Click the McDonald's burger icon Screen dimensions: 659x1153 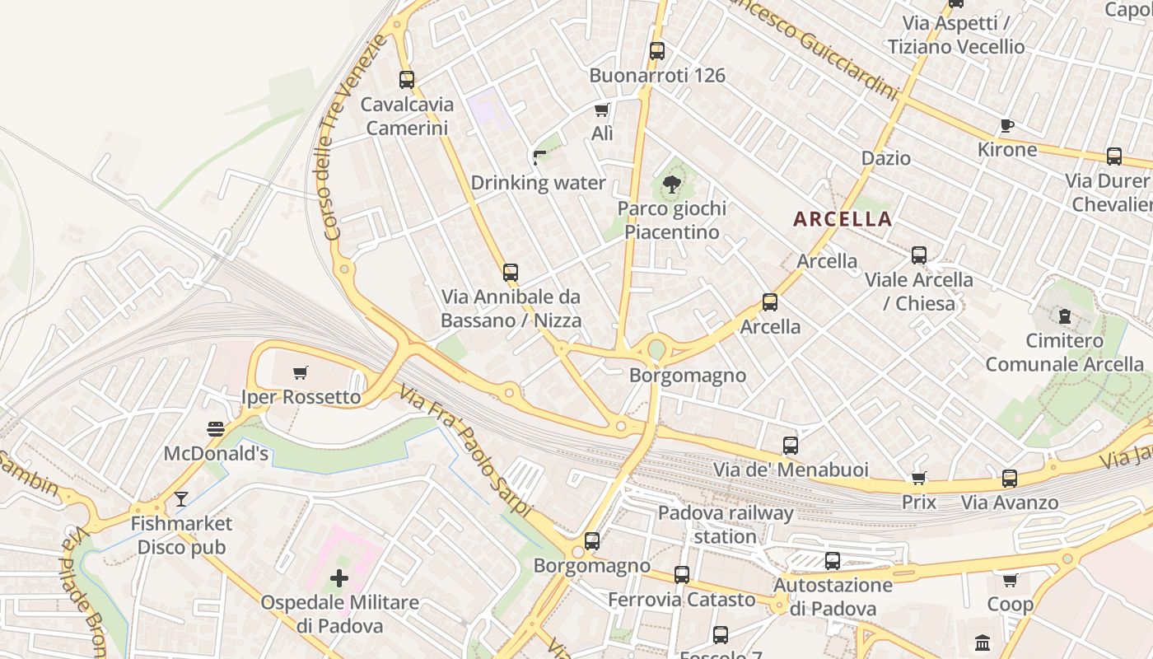click(x=216, y=428)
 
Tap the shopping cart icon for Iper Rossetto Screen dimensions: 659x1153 click(x=301, y=372)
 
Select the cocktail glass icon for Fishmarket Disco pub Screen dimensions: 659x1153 click(x=181, y=498)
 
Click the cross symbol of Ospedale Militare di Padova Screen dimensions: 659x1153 click(x=339, y=578)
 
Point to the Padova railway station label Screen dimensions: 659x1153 click(x=725, y=525)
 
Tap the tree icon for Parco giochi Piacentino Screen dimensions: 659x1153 click(x=672, y=184)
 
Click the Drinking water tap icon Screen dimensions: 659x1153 click(x=539, y=157)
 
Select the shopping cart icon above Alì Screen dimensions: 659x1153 click(x=602, y=110)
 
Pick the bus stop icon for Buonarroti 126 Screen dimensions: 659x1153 click(x=656, y=50)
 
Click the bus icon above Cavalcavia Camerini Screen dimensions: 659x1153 click(x=407, y=80)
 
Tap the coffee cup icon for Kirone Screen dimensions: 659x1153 click(x=1006, y=125)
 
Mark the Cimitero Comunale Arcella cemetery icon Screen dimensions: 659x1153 click(x=1064, y=315)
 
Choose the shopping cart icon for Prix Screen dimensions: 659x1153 click(x=919, y=478)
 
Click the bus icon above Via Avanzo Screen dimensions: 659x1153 click(x=1010, y=478)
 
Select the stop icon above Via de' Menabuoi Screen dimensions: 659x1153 click(x=791, y=446)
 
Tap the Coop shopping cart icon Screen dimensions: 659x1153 click(x=1011, y=580)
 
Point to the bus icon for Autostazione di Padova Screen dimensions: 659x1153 click(x=833, y=561)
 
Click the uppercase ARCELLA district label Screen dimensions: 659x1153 click(x=843, y=219)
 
